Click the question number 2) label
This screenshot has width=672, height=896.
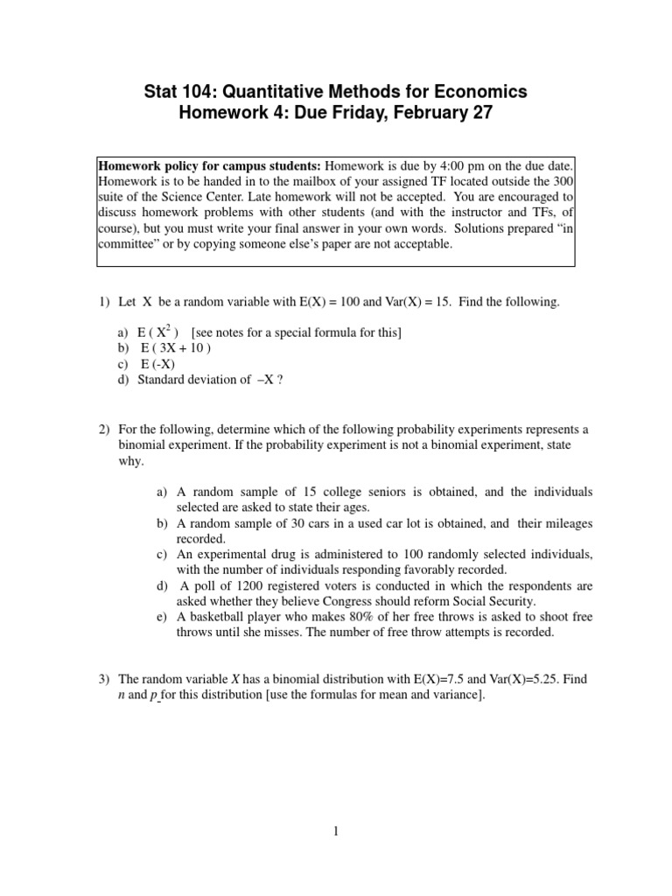pos(104,430)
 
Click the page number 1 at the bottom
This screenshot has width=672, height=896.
pos(335,833)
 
